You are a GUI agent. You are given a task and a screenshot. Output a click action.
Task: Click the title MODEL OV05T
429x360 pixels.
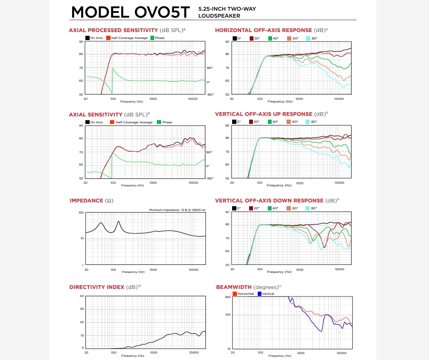tap(132, 12)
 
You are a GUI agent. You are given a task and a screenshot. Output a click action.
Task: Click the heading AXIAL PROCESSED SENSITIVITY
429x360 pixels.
tap(113, 30)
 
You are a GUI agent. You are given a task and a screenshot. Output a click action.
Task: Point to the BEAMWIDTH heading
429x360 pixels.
tap(234, 287)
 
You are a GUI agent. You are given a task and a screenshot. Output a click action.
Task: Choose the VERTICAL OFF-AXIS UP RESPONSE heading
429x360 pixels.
tap(263, 114)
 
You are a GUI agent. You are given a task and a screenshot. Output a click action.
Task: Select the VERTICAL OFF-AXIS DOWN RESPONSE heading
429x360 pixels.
tap(269, 201)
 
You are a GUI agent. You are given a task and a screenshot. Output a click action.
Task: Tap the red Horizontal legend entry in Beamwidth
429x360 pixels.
tap(244, 294)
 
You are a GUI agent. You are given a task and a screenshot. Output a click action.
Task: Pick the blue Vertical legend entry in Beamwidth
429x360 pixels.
tap(267, 294)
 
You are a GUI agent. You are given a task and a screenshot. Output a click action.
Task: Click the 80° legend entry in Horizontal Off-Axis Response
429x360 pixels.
tap(314, 38)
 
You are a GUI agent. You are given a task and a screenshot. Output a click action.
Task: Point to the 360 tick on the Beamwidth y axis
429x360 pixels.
tap(227, 297)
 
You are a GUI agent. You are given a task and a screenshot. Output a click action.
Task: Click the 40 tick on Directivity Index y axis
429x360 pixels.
tap(82, 296)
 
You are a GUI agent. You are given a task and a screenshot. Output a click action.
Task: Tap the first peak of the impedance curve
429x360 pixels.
tap(101, 223)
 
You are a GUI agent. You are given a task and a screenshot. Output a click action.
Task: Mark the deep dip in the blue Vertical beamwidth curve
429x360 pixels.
tap(321, 331)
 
